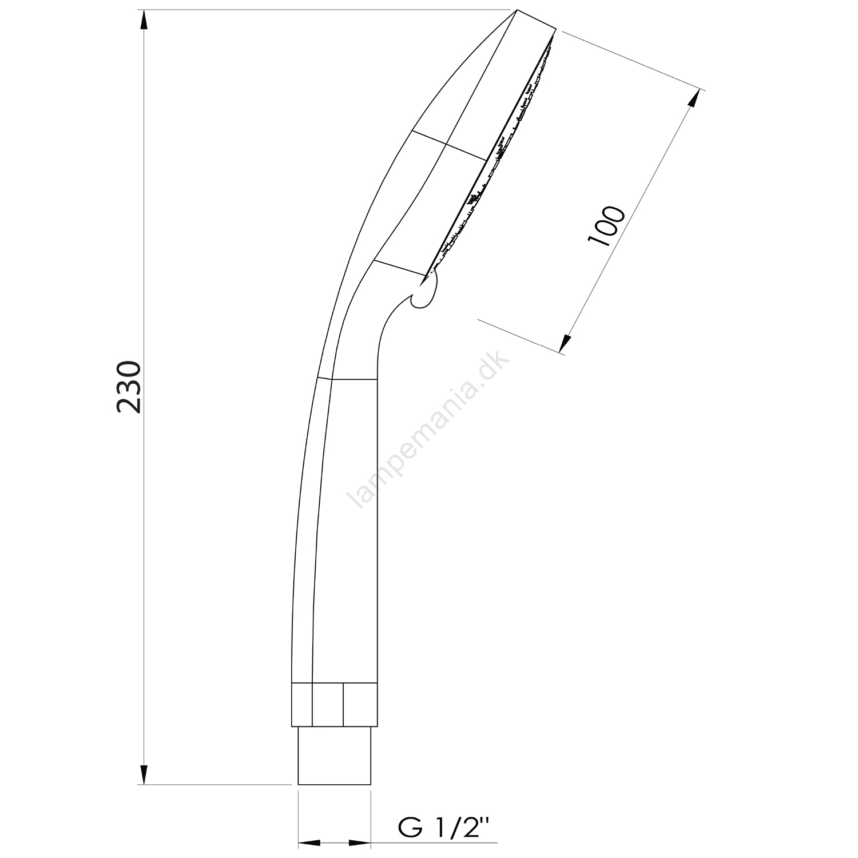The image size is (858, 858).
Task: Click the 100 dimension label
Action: pos(606,225)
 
